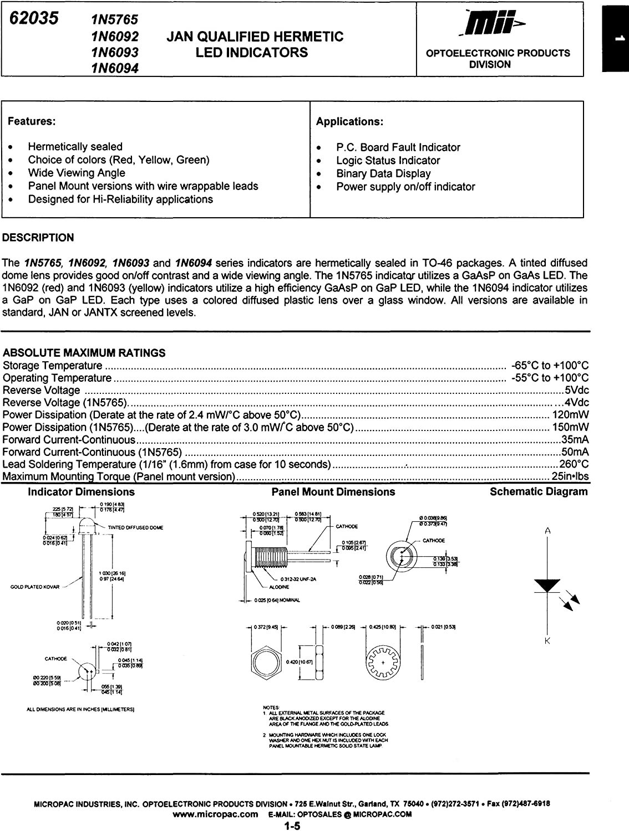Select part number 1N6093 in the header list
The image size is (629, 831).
(115, 52)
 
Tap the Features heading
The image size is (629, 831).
(32, 121)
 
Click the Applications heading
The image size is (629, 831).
(349, 121)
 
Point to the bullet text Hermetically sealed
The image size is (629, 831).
(75, 147)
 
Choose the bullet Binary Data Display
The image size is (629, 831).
(383, 173)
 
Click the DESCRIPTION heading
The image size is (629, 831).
(38, 238)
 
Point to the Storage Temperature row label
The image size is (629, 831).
(53, 366)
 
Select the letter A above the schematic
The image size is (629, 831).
(547, 531)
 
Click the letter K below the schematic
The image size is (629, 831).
(547, 641)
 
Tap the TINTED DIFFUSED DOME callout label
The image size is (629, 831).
(135, 527)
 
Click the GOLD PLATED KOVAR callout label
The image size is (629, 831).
(34, 587)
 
